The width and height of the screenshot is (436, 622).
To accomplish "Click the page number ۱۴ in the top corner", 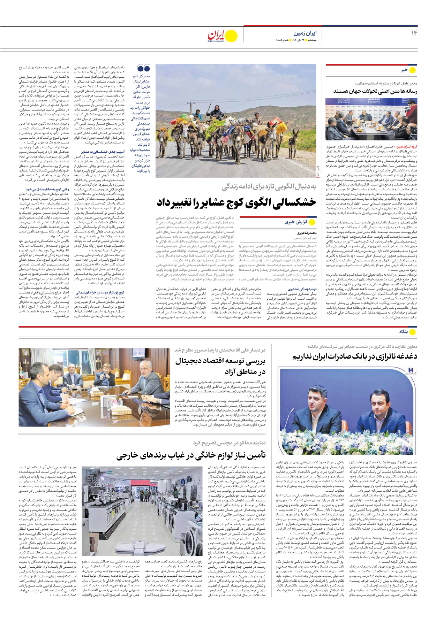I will (x=414, y=33).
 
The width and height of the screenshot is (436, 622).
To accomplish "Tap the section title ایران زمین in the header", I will (x=305, y=33).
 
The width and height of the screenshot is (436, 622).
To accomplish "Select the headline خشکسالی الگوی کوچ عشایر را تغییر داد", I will (x=236, y=202).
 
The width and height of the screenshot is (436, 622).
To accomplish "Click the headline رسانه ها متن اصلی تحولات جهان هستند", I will (x=375, y=91).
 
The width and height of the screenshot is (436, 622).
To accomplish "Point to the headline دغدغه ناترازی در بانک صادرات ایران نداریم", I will (x=354, y=356).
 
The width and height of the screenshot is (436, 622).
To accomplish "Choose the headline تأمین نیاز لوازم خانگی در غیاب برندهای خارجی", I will (x=191, y=455).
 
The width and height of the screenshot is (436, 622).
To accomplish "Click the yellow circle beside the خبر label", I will (x=412, y=70).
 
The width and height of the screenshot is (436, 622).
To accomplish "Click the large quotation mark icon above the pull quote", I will (x=143, y=68).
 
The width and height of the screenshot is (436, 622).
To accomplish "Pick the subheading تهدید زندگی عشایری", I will (x=302, y=289).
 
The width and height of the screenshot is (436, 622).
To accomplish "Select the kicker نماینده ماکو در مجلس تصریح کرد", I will (x=229, y=443).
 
